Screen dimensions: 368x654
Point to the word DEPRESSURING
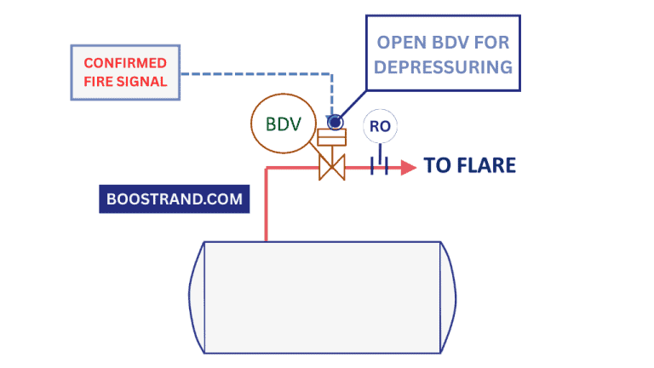pos(443,66)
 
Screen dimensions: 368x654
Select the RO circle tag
pos(380,127)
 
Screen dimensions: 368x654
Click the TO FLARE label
pos(470,165)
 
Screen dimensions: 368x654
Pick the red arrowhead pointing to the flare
pos(409,166)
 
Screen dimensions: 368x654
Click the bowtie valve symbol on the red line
pos(330,166)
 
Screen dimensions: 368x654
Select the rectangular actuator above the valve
pos(330,138)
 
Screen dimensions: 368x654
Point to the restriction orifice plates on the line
pos(379,166)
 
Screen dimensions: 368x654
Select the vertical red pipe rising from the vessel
pos(267,204)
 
